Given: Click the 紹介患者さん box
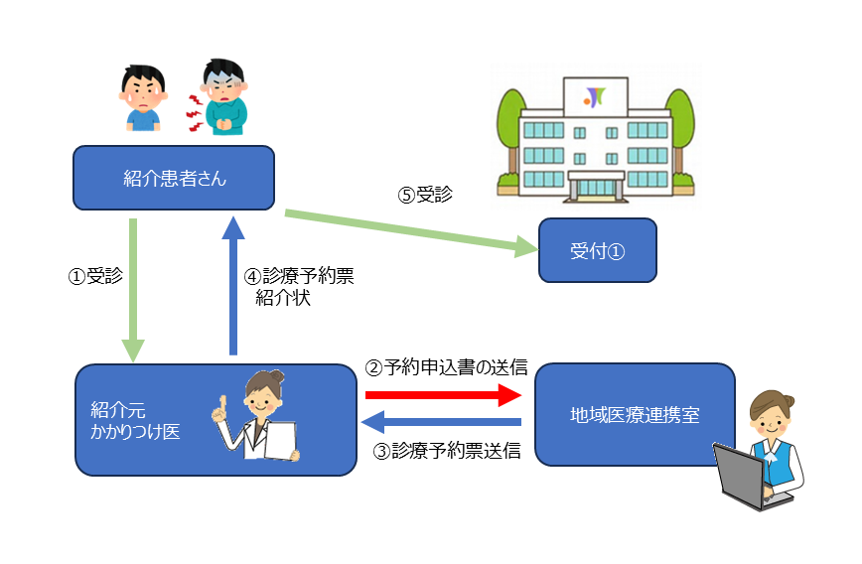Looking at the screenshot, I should pos(174,178).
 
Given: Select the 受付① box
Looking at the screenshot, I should pos(597,249).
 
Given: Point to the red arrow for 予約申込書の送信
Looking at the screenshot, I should pos(443,395).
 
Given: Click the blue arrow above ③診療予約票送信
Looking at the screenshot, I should pos(441,423).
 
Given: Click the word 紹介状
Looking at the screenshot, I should pos(283,298).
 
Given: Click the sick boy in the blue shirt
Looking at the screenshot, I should pos(143,97).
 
